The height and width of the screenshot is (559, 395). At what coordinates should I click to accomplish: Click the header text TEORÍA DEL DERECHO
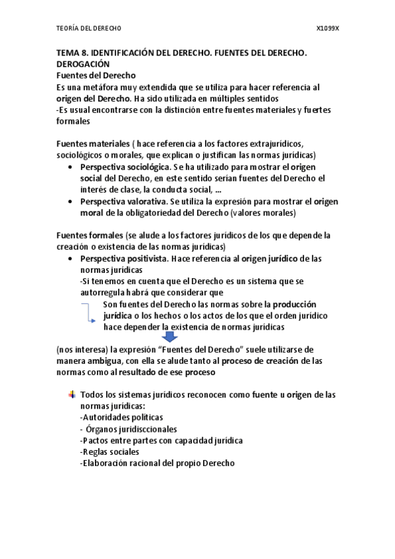click(88, 29)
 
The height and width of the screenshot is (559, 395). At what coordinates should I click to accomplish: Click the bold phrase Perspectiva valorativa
click(123, 201)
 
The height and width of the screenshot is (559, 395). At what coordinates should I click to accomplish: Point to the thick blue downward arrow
click(170, 337)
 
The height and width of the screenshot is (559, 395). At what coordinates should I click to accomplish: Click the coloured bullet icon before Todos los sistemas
click(71, 394)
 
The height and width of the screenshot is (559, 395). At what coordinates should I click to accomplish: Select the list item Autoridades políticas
click(121, 417)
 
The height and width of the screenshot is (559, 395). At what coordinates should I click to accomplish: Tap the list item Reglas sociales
click(109, 452)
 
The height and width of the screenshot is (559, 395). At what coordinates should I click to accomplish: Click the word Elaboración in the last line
click(106, 463)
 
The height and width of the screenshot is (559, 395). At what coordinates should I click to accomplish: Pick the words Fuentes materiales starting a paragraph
click(92, 144)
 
